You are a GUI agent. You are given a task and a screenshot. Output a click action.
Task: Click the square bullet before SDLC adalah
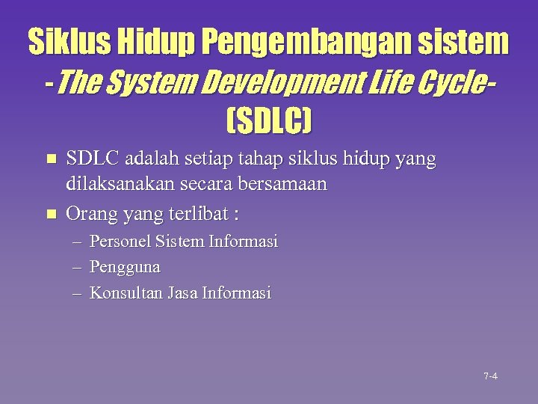(x=51, y=159)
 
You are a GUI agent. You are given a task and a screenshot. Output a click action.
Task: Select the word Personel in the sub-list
(x=118, y=242)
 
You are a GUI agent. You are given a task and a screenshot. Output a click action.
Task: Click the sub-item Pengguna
(x=125, y=266)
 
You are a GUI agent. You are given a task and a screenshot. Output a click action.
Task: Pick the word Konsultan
(x=123, y=293)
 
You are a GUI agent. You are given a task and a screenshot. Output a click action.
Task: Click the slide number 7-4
(x=490, y=376)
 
